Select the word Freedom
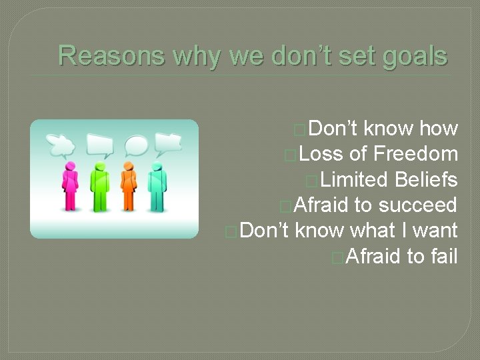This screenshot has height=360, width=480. [415, 154]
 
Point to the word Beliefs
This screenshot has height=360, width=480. [426, 179]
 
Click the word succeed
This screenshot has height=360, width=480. [418, 205]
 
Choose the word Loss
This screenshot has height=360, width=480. [321, 154]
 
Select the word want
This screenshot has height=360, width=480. [435, 230]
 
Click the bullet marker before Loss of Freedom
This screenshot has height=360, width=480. [289, 155]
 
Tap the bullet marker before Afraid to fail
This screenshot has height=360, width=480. [337, 257]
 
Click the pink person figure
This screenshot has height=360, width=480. [69, 186]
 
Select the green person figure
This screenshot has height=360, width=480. [99, 186]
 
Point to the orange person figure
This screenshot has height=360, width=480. [128, 186]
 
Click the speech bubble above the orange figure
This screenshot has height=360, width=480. [136, 145]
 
